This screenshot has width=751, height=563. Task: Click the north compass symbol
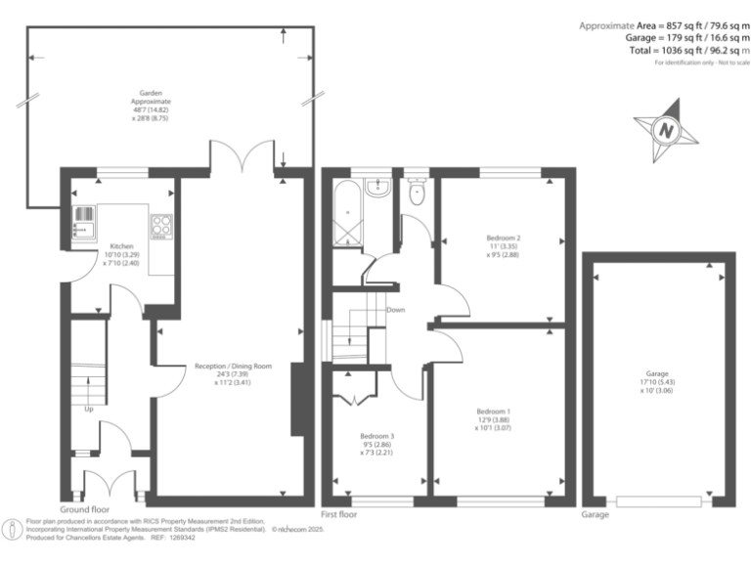click(667, 129)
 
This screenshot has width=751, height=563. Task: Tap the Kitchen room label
click(121, 246)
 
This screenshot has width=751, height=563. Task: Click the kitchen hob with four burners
click(161, 226)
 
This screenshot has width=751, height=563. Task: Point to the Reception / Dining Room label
click(232, 367)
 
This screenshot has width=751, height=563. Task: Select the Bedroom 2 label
click(503, 238)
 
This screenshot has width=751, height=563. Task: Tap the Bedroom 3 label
click(375, 436)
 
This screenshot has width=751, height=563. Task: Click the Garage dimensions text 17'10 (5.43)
click(656, 382)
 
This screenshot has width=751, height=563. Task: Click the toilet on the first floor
click(418, 191)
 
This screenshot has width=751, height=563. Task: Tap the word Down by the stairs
click(395, 310)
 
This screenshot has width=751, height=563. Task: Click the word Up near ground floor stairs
click(89, 409)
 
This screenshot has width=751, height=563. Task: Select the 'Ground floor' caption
click(84, 510)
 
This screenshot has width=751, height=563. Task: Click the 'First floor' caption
click(339, 514)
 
